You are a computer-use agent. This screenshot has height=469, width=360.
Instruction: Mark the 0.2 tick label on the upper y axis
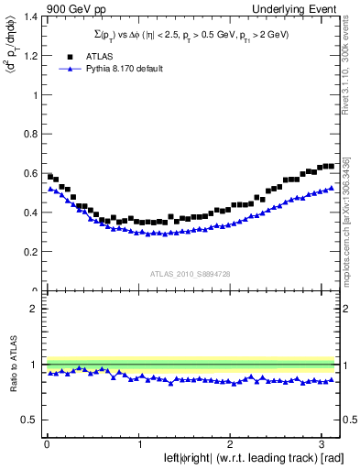(28, 252)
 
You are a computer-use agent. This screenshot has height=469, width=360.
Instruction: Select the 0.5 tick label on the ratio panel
(29, 420)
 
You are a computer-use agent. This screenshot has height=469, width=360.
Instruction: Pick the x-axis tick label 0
(46, 444)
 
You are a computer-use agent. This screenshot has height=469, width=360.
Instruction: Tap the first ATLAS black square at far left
(49, 176)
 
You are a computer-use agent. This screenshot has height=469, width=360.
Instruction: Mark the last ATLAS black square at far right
(331, 166)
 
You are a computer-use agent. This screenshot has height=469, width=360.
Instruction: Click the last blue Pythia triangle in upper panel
(331, 188)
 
